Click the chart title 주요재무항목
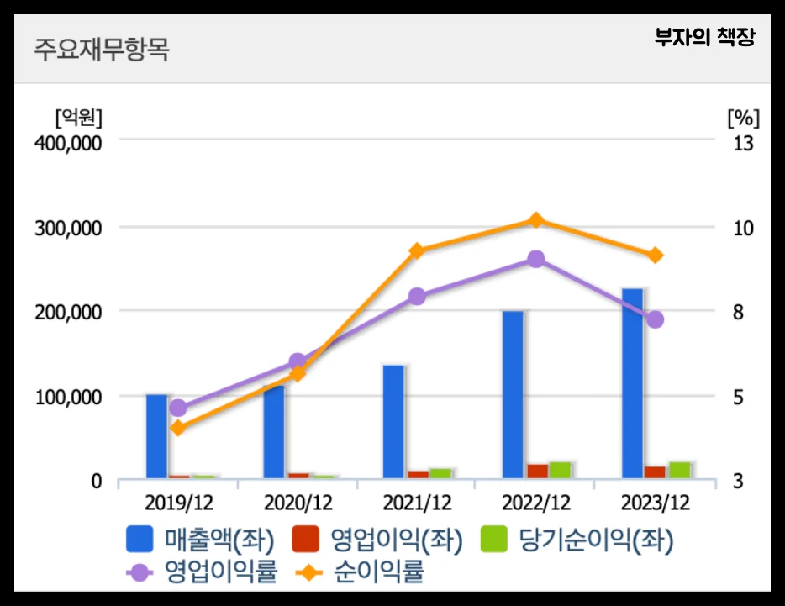(x=102, y=49)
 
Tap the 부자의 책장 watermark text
(x=705, y=39)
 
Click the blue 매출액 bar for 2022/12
(x=513, y=395)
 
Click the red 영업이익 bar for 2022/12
(x=538, y=471)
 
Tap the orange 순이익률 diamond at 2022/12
(x=536, y=220)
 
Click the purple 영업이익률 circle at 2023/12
(x=656, y=319)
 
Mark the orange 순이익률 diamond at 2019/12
(x=178, y=428)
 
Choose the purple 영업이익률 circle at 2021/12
(x=417, y=297)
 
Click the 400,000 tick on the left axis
(x=68, y=143)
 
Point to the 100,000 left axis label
(x=68, y=397)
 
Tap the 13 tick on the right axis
(x=743, y=143)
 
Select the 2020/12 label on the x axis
(x=298, y=503)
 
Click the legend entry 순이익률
(x=361, y=573)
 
